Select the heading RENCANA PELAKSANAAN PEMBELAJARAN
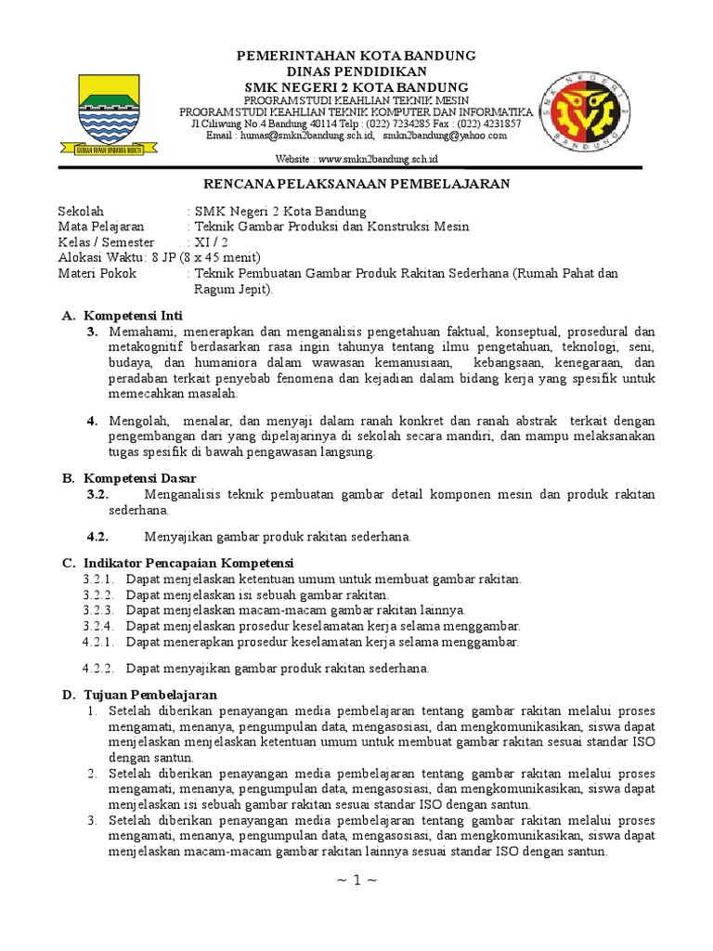(x=356, y=184)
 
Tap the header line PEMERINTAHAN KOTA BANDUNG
(x=356, y=56)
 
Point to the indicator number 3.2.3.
(x=97, y=610)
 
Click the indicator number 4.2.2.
(x=97, y=668)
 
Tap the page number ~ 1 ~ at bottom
(x=356, y=879)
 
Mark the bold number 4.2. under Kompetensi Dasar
(x=98, y=537)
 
